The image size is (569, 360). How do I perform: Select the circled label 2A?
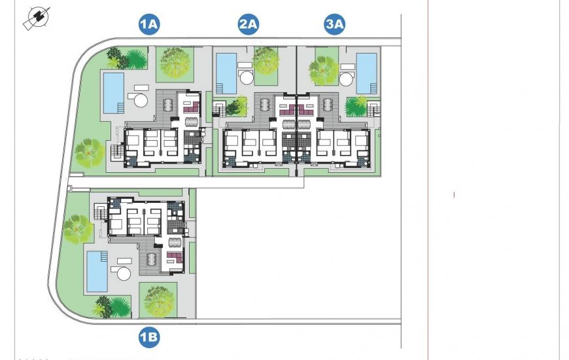point(249,25)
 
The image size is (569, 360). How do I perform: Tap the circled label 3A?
point(334,25)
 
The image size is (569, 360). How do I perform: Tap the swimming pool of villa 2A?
point(226,73)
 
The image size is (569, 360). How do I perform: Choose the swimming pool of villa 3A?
point(366,73)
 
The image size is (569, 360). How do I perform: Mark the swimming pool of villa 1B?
point(97,271)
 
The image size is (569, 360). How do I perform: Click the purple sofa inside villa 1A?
point(191,103)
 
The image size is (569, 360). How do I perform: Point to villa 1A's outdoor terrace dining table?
point(168,105)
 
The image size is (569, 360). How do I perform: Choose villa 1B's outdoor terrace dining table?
point(152,259)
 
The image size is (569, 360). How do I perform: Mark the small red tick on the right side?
point(454,194)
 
